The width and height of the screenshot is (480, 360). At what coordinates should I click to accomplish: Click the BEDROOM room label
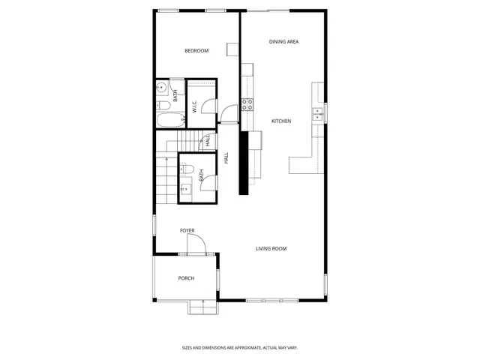(196, 51)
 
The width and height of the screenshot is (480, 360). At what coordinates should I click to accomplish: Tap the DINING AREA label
(283, 42)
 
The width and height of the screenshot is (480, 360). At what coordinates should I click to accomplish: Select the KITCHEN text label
(280, 121)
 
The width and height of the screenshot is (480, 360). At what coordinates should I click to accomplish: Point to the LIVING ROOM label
(271, 249)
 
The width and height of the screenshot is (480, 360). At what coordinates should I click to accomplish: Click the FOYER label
(187, 230)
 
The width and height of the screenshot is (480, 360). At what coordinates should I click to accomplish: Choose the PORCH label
(186, 278)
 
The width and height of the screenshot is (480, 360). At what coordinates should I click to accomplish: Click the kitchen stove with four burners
(247, 105)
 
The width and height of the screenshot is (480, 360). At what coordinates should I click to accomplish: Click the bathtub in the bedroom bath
(167, 120)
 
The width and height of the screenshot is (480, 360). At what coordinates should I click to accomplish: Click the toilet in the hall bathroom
(187, 169)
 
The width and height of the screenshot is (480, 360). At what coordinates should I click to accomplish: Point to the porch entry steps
(201, 306)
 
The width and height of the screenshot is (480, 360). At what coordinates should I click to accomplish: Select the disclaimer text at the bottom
(240, 347)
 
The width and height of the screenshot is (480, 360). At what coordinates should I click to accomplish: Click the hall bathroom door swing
(209, 182)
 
